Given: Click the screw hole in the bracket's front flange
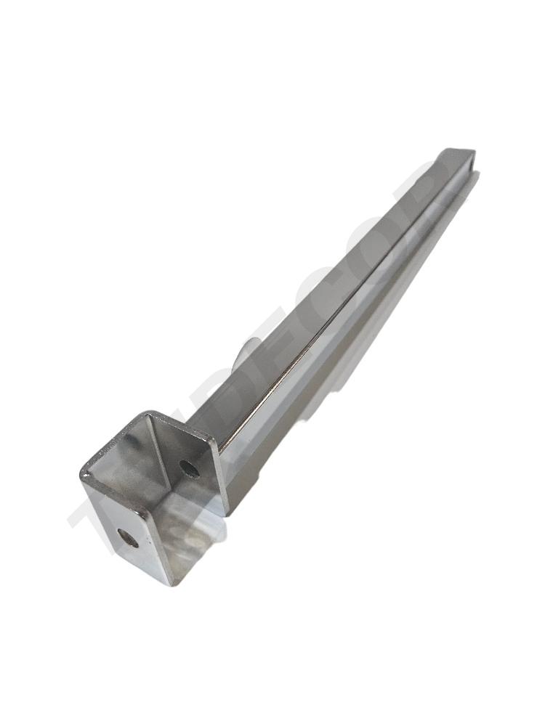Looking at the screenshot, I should click(127, 538).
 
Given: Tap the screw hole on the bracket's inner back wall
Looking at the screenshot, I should click(191, 470).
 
